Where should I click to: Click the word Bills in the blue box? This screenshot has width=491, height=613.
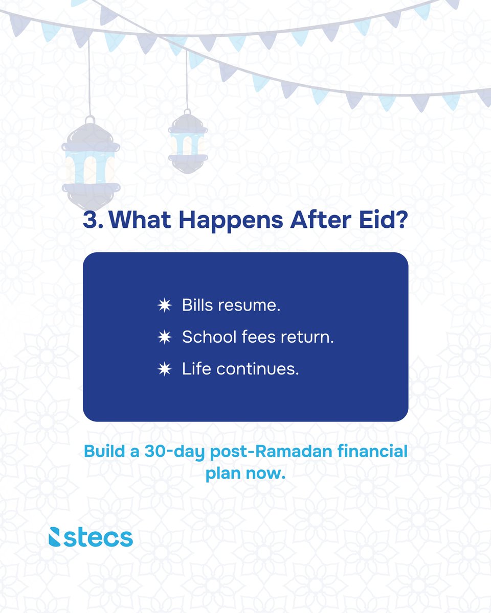point(198,306)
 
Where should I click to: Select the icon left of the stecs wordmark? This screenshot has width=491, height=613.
point(55,537)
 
